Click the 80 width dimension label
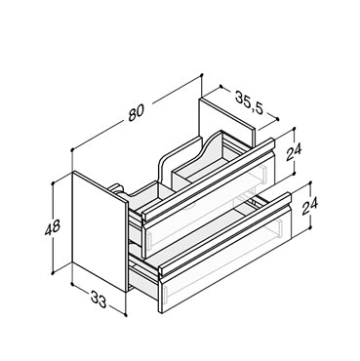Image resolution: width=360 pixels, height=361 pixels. [x=136, y=112]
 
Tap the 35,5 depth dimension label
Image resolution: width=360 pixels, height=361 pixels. [x=249, y=101]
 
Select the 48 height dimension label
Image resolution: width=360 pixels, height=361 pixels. [x=53, y=227]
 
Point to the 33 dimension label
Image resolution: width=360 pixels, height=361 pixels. [x=99, y=299]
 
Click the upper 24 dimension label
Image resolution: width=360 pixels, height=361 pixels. [x=294, y=151]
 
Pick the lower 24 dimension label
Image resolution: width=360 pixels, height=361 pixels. [x=309, y=206]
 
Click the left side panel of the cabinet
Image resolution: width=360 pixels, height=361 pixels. [x=99, y=231]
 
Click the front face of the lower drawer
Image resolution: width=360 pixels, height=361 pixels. [x=225, y=260]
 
